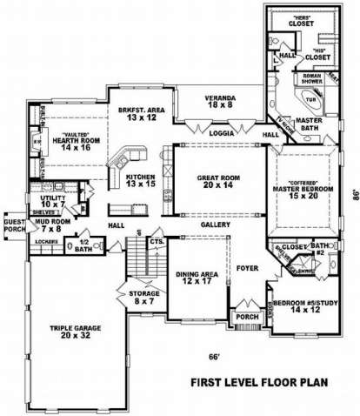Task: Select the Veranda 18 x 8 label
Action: tap(219, 99)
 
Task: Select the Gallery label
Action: tap(215, 225)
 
